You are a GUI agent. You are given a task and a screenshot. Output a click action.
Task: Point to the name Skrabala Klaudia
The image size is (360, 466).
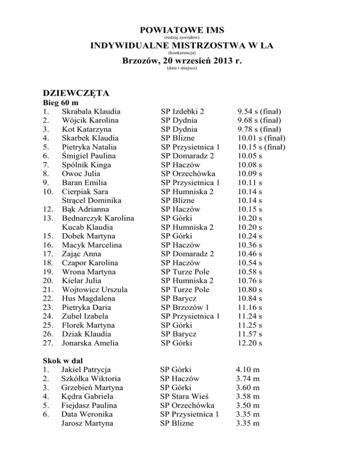(x=91, y=112)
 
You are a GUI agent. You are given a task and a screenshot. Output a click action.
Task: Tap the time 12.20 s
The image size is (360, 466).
(x=249, y=343)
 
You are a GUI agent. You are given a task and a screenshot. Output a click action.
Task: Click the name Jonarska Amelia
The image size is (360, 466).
(x=90, y=343)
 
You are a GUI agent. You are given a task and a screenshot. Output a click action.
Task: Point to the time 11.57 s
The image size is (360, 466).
(x=249, y=334)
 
